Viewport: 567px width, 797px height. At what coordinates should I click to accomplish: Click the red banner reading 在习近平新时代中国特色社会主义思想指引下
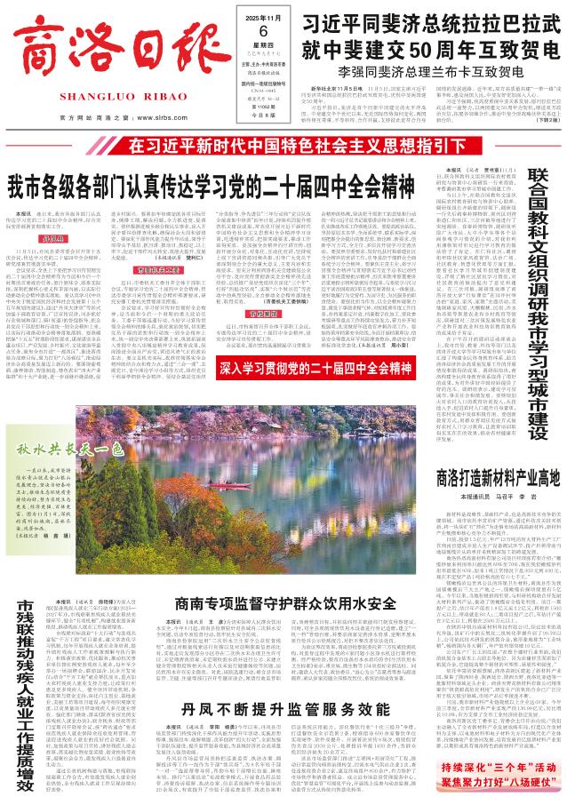click(x=283, y=145)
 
